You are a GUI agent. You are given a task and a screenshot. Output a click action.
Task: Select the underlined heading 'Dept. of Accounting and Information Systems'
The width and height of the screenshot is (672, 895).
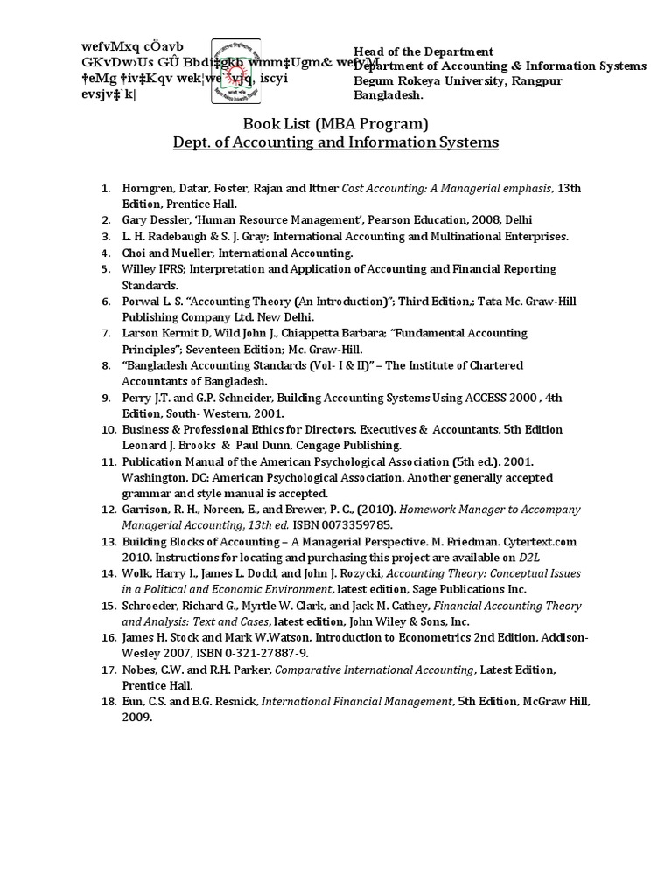coord(334,142)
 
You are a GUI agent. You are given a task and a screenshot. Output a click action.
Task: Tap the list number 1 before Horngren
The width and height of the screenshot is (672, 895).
coord(104,188)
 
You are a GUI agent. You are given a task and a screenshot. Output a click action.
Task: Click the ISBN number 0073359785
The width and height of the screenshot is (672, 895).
coord(354,525)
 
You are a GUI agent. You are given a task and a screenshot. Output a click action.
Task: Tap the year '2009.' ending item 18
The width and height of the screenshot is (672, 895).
coord(137,718)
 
